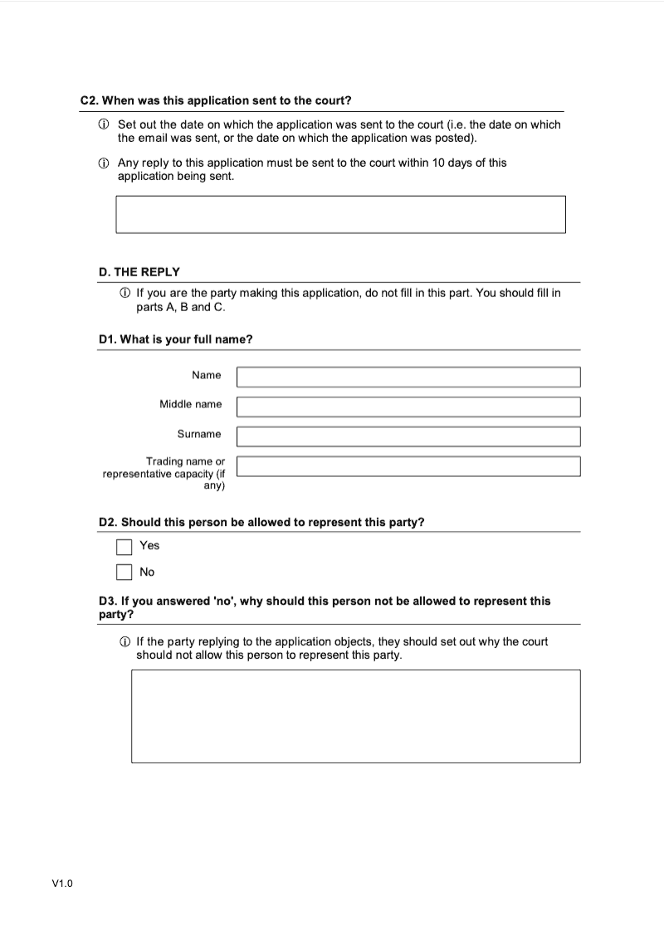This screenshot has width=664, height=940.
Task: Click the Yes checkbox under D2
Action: click(x=124, y=547)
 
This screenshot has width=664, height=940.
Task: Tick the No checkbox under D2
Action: click(x=124, y=572)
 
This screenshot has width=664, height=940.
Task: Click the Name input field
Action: click(x=408, y=377)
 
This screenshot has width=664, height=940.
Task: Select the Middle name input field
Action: click(x=408, y=407)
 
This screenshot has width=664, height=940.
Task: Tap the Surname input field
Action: click(x=408, y=436)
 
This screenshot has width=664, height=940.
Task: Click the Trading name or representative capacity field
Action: click(x=408, y=466)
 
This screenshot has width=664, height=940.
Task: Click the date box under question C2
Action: click(x=340, y=214)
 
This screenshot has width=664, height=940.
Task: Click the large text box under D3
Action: click(x=355, y=716)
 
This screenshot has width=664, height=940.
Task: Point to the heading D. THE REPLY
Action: click(x=139, y=272)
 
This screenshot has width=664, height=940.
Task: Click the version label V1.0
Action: click(x=62, y=884)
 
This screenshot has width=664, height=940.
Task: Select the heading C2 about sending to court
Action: click(x=216, y=100)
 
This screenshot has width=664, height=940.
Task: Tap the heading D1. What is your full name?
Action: click(x=175, y=339)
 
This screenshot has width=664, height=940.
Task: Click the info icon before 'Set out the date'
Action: click(x=103, y=124)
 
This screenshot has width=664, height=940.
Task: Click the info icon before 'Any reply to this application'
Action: click(x=103, y=163)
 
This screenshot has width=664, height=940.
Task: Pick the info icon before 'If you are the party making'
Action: click(x=124, y=294)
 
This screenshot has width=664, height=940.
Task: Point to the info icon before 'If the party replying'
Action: click(x=124, y=642)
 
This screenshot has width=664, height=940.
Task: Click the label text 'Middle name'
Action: click(x=190, y=404)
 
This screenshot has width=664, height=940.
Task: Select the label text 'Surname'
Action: click(x=198, y=434)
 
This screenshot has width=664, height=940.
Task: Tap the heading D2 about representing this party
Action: click(x=261, y=523)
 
